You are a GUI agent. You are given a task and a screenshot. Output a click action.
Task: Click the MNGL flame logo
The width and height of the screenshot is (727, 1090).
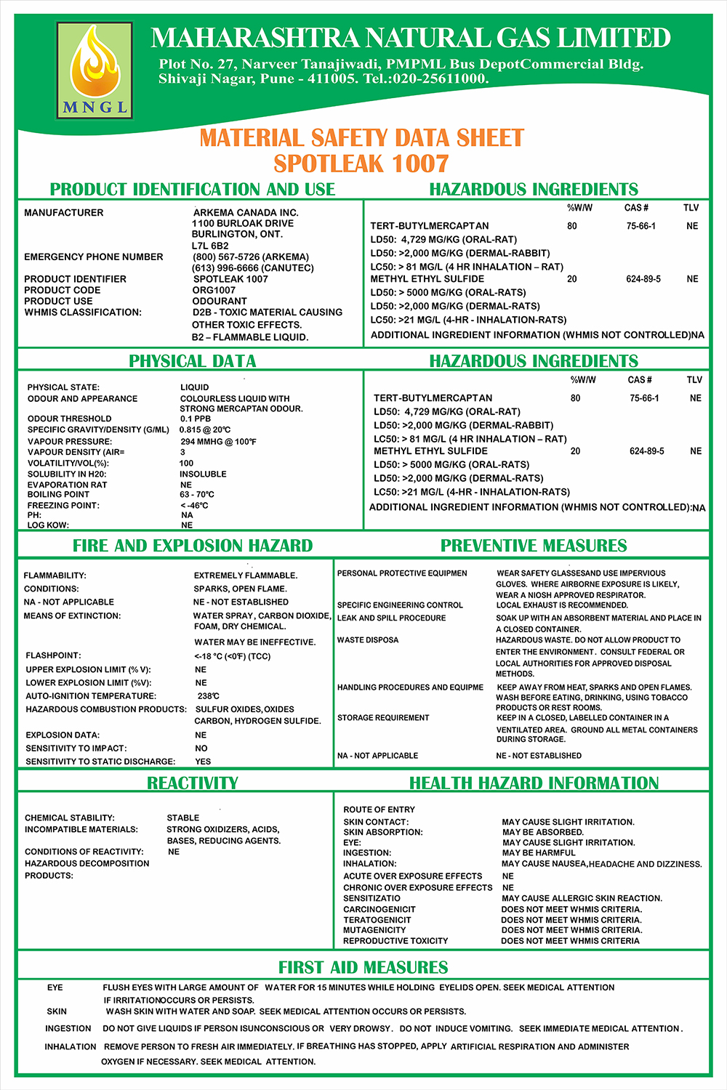(x=95, y=70)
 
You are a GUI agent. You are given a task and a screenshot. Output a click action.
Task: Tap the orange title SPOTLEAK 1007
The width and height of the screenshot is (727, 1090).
(x=361, y=163)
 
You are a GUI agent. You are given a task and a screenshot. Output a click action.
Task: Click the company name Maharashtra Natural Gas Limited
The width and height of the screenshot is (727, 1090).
(x=411, y=38)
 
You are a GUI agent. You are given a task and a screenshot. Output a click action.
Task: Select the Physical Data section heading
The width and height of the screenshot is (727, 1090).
(x=192, y=361)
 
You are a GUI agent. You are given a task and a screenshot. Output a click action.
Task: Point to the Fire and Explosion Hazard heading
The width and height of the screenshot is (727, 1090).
(x=193, y=546)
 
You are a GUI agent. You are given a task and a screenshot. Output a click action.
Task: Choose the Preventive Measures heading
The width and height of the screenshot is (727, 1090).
(x=534, y=546)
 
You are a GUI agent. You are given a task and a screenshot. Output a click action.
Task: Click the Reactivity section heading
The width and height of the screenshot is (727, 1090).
(x=192, y=783)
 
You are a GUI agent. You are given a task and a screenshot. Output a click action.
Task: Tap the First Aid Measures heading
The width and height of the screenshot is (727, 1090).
(x=363, y=968)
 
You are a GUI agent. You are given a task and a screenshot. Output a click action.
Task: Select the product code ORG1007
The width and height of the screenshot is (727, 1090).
(x=214, y=290)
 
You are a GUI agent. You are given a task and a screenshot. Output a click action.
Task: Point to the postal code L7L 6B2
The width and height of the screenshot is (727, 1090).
(x=210, y=246)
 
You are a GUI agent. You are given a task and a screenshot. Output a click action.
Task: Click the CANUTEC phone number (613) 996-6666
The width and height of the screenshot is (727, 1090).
(x=253, y=268)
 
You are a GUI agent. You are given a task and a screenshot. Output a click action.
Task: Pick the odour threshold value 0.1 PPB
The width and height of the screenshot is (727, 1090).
(x=196, y=419)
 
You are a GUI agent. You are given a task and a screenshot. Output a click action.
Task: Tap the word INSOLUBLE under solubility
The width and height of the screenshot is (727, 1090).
(x=203, y=474)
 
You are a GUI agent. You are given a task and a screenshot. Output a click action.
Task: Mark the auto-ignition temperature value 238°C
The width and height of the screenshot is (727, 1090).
(x=209, y=696)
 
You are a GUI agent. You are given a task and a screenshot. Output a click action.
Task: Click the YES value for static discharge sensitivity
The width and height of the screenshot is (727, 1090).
(x=203, y=762)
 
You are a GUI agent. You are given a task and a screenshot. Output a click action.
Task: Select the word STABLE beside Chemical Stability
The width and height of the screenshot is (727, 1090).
(x=183, y=818)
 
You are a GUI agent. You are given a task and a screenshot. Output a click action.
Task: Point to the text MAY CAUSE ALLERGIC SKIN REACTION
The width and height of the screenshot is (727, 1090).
(x=582, y=898)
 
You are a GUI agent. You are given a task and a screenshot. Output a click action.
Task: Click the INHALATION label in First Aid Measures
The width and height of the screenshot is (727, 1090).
(x=71, y=1046)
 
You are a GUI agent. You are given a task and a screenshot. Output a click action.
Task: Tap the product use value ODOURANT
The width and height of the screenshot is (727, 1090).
(x=220, y=301)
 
